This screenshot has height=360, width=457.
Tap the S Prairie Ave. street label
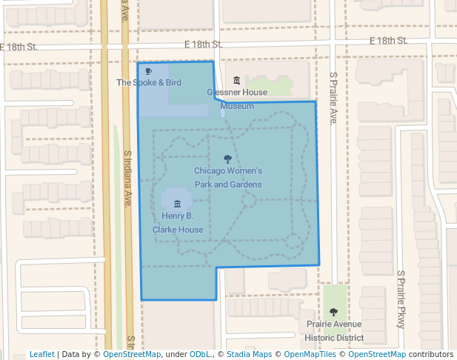(334, 98)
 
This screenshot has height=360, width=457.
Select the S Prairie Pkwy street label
(401, 299)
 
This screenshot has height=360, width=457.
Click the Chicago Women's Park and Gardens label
(227, 178)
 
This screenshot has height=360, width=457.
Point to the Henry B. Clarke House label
(178, 222)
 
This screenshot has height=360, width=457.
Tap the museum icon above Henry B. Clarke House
(177, 204)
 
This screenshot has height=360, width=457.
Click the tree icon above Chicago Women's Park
(227, 159)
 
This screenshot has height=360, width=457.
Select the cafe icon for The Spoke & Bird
(149, 71)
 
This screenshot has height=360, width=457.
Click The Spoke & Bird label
(149, 83)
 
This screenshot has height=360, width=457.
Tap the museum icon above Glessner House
(237, 80)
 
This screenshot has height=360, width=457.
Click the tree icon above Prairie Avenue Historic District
(333, 312)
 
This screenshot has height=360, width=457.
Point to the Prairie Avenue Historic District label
(335, 331)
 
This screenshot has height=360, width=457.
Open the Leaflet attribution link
(41, 354)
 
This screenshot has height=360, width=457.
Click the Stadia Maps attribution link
(249, 354)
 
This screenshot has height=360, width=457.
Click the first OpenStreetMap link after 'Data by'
(132, 354)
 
